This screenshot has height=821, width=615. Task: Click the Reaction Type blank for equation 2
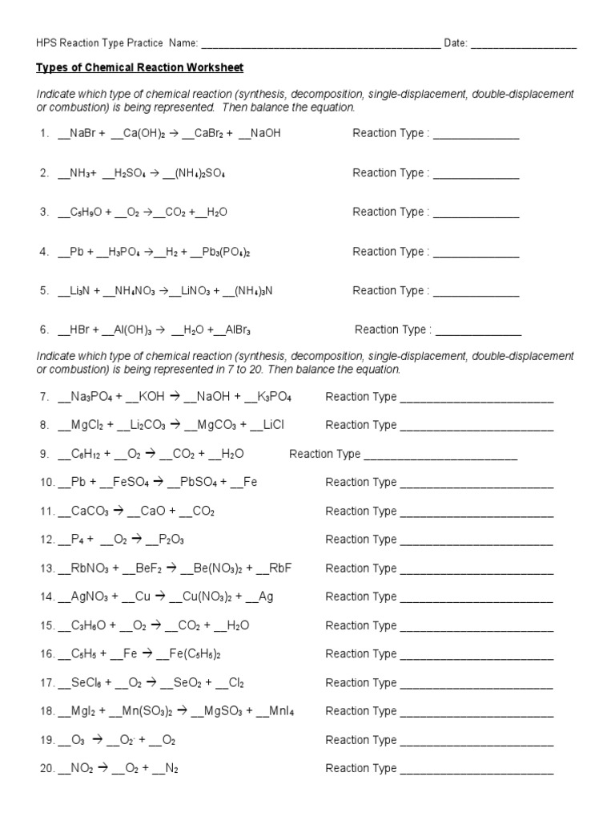(x=476, y=174)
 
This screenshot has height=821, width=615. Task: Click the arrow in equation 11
(x=118, y=511)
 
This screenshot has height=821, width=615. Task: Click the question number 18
(x=46, y=711)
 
